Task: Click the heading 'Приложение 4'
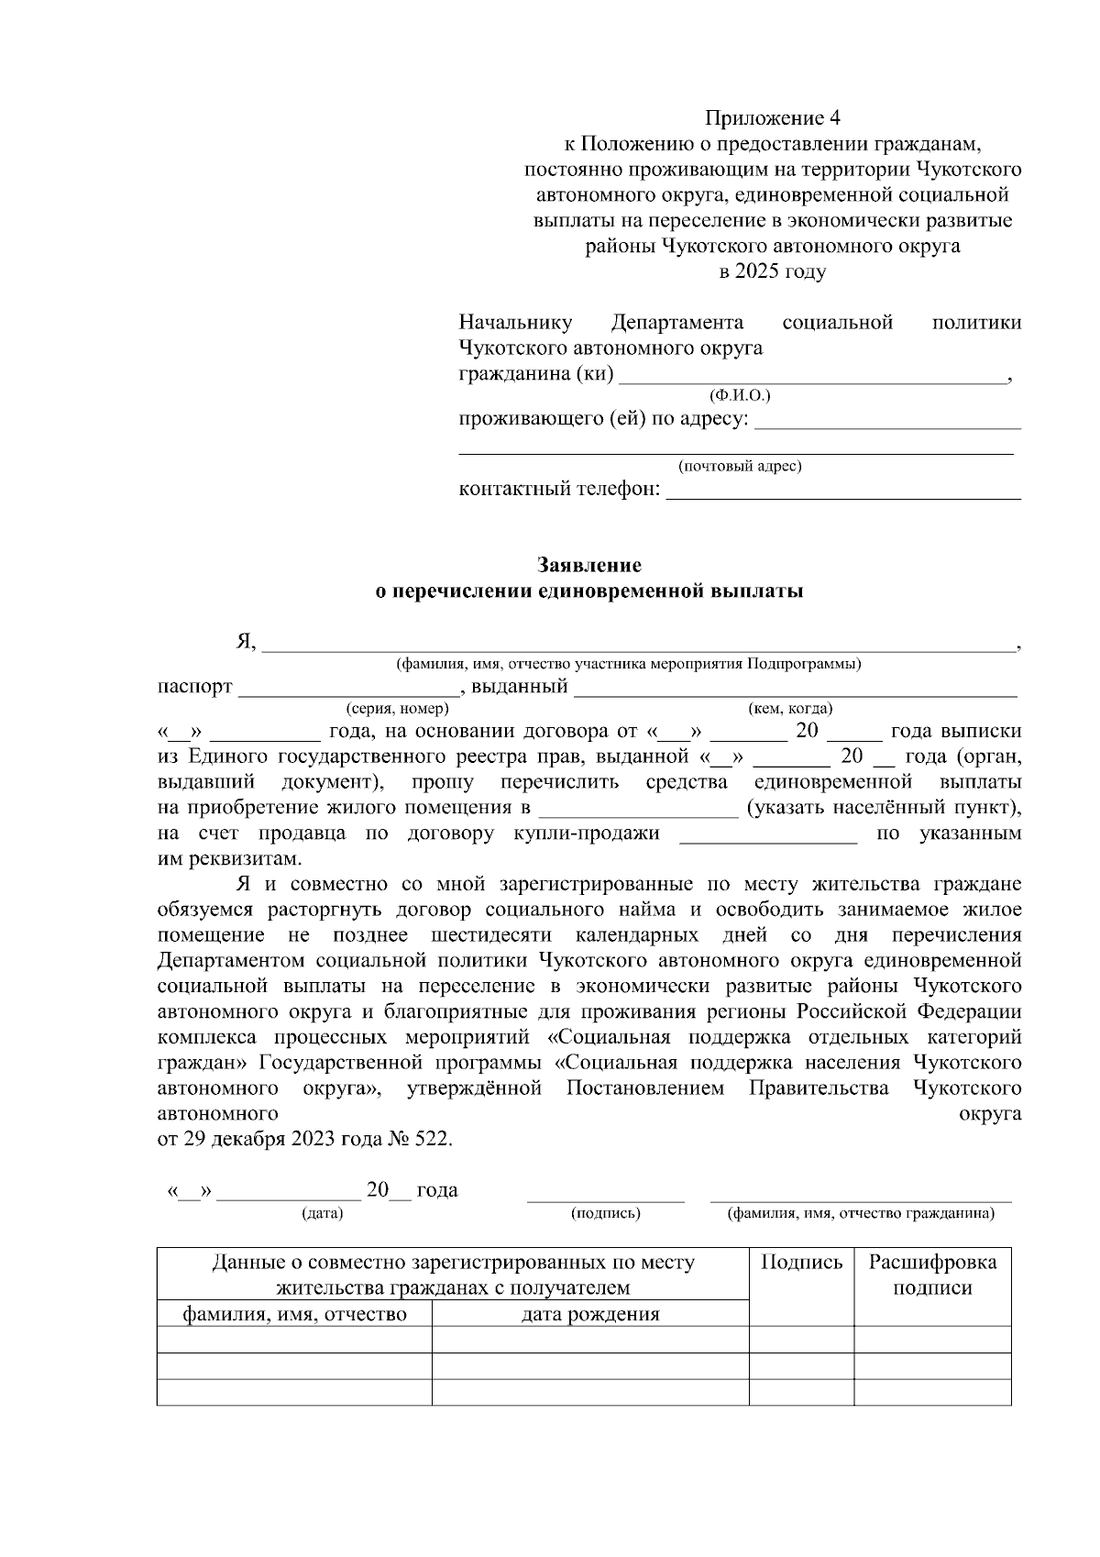pyautogui.click(x=772, y=118)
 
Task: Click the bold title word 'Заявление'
pyautogui.click(x=589, y=565)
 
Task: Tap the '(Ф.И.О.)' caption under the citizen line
pyautogui.click(x=740, y=395)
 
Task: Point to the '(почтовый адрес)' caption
pyautogui.click(x=740, y=467)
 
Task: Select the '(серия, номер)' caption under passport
pyautogui.click(x=397, y=709)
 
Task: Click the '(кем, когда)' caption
pyautogui.click(x=790, y=709)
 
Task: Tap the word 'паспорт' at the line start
pyautogui.click(x=195, y=687)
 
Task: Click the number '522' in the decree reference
pyautogui.click(x=432, y=1140)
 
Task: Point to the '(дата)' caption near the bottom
pyautogui.click(x=322, y=1214)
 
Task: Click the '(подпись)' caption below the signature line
pyautogui.click(x=605, y=1214)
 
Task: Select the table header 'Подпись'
pyautogui.click(x=802, y=1263)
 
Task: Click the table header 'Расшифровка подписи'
pyautogui.click(x=932, y=1275)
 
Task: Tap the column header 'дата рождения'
pyautogui.click(x=590, y=1315)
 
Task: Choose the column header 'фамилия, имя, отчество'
pyautogui.click(x=294, y=1315)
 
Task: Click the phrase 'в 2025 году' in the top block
pyautogui.click(x=772, y=272)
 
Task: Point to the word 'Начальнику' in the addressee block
pyautogui.click(x=515, y=323)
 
